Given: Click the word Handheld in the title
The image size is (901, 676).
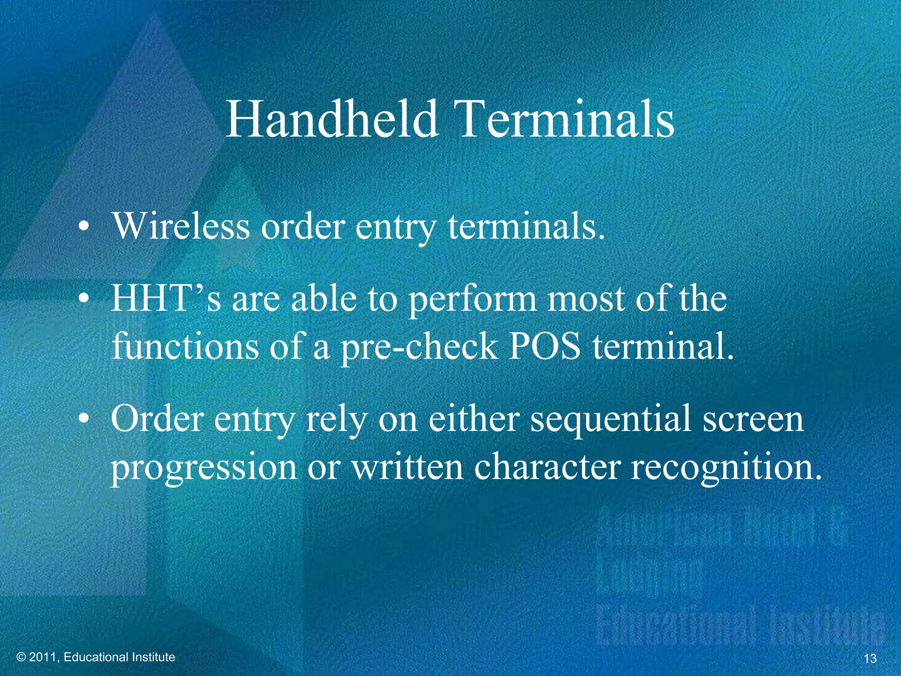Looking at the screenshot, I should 332,119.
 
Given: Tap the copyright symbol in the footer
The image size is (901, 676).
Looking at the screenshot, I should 21,658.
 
